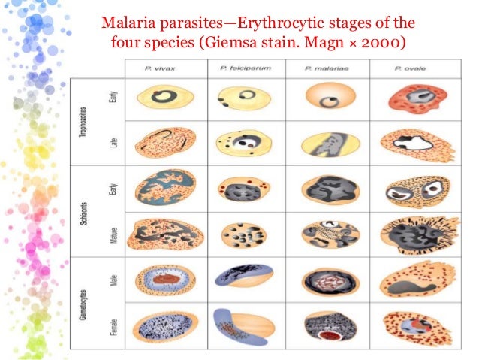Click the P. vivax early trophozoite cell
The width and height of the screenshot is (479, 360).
point(165,98)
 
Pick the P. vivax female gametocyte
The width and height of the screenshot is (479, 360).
point(165,324)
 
